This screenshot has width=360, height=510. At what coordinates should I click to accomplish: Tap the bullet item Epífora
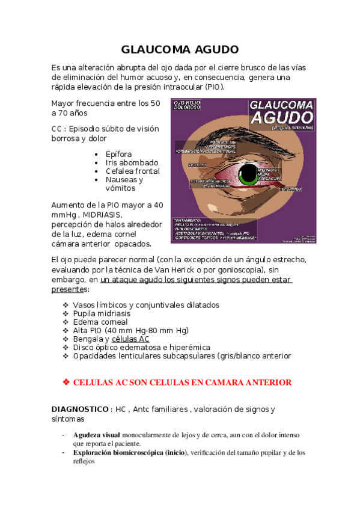point(118,154)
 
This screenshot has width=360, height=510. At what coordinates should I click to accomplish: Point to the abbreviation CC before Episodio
point(58,128)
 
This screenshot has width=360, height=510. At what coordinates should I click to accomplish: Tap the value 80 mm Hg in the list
point(169,330)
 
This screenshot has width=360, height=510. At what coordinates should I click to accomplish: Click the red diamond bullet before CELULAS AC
point(66,382)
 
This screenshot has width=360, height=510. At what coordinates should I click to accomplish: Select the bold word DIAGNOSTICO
point(79,410)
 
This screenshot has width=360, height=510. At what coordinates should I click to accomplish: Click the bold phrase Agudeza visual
point(96,435)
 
